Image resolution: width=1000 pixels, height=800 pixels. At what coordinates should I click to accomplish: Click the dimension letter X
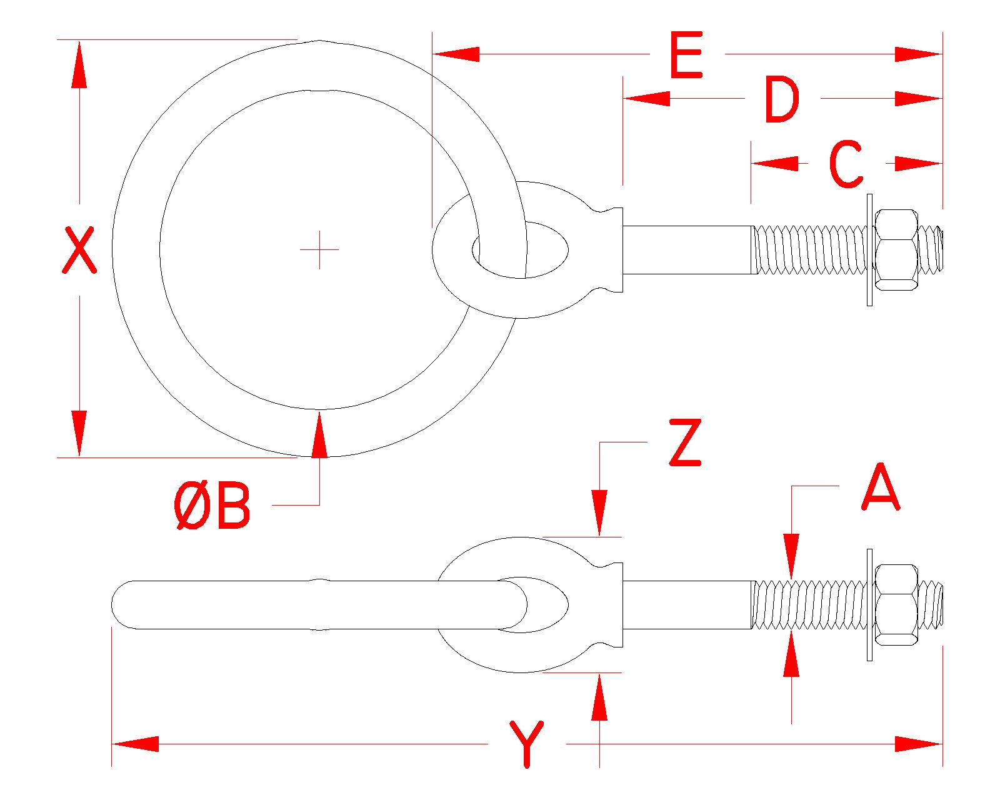tap(79, 250)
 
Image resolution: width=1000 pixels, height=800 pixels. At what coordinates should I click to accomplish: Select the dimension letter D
tap(782, 100)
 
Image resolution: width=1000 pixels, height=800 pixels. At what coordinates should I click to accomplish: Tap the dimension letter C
tap(846, 164)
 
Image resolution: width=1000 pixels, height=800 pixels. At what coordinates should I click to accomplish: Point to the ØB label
tap(212, 506)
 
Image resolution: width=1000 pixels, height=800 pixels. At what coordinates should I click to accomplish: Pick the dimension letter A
tap(880, 487)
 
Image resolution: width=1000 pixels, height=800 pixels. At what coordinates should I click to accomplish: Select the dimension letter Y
tap(527, 744)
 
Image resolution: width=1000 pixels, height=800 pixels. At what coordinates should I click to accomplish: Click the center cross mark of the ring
tap(319, 249)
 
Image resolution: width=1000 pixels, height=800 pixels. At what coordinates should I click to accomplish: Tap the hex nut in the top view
tap(897, 250)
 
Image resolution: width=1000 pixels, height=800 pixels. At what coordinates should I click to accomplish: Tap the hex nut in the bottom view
tap(897, 604)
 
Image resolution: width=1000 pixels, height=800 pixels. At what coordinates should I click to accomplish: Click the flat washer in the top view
tap(869, 250)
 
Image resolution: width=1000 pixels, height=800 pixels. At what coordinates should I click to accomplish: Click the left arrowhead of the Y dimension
tap(135, 744)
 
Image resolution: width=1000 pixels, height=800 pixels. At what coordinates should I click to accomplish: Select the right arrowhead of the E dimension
tap(918, 54)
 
